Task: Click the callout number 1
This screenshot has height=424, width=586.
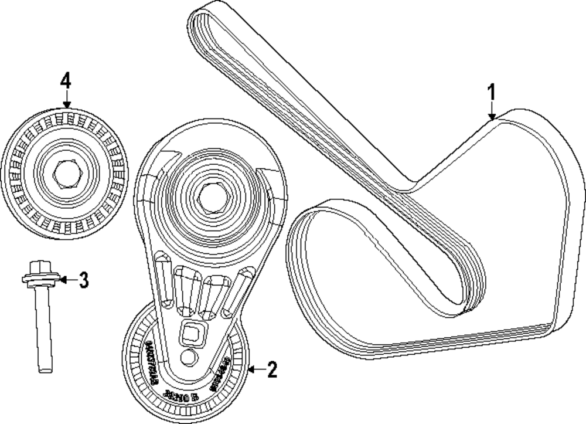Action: pos(492,92)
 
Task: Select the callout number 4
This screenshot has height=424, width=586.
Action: pos(66,80)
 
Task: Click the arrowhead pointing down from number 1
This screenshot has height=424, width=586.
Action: pos(492,116)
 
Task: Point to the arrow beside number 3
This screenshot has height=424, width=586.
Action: pos(66,280)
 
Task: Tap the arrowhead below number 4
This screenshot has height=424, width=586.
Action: pos(66,104)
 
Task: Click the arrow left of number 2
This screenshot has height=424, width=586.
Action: pos(253,369)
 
